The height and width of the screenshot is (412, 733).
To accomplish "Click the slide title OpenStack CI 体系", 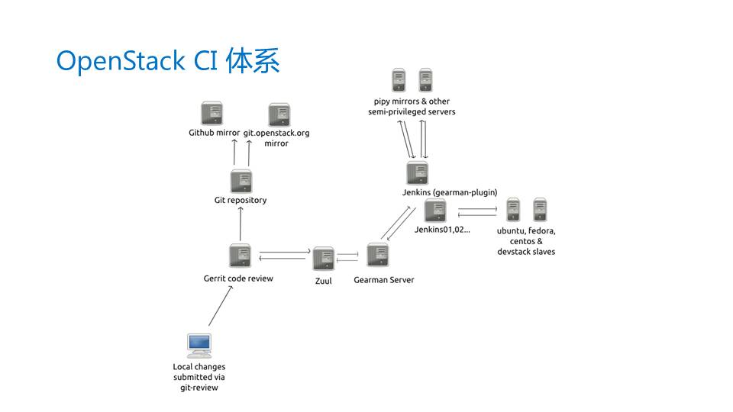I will click(168, 61).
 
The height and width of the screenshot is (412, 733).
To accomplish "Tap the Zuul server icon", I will click(323, 259).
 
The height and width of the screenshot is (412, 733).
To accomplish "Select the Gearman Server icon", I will click(378, 256).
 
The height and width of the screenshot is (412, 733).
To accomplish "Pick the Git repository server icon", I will click(241, 182).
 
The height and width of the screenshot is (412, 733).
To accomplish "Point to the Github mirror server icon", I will click(212, 114).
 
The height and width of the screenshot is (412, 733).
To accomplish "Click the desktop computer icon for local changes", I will click(199, 346).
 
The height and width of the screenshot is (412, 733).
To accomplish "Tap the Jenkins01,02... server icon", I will click(435, 211).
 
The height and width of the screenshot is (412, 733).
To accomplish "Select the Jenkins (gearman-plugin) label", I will click(450, 192).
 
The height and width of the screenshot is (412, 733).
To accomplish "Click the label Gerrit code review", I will click(238, 278).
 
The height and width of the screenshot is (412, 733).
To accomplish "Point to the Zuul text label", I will click(324, 281).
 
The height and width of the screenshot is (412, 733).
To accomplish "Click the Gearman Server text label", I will click(384, 280).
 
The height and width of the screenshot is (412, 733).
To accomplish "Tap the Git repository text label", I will click(241, 201).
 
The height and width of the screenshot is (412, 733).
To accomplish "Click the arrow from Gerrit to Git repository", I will click(240, 224).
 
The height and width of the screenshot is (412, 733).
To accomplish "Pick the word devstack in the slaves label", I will click(515, 252).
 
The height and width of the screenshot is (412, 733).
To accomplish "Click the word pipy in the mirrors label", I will click(383, 101).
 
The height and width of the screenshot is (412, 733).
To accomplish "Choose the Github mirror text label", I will click(214, 133).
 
